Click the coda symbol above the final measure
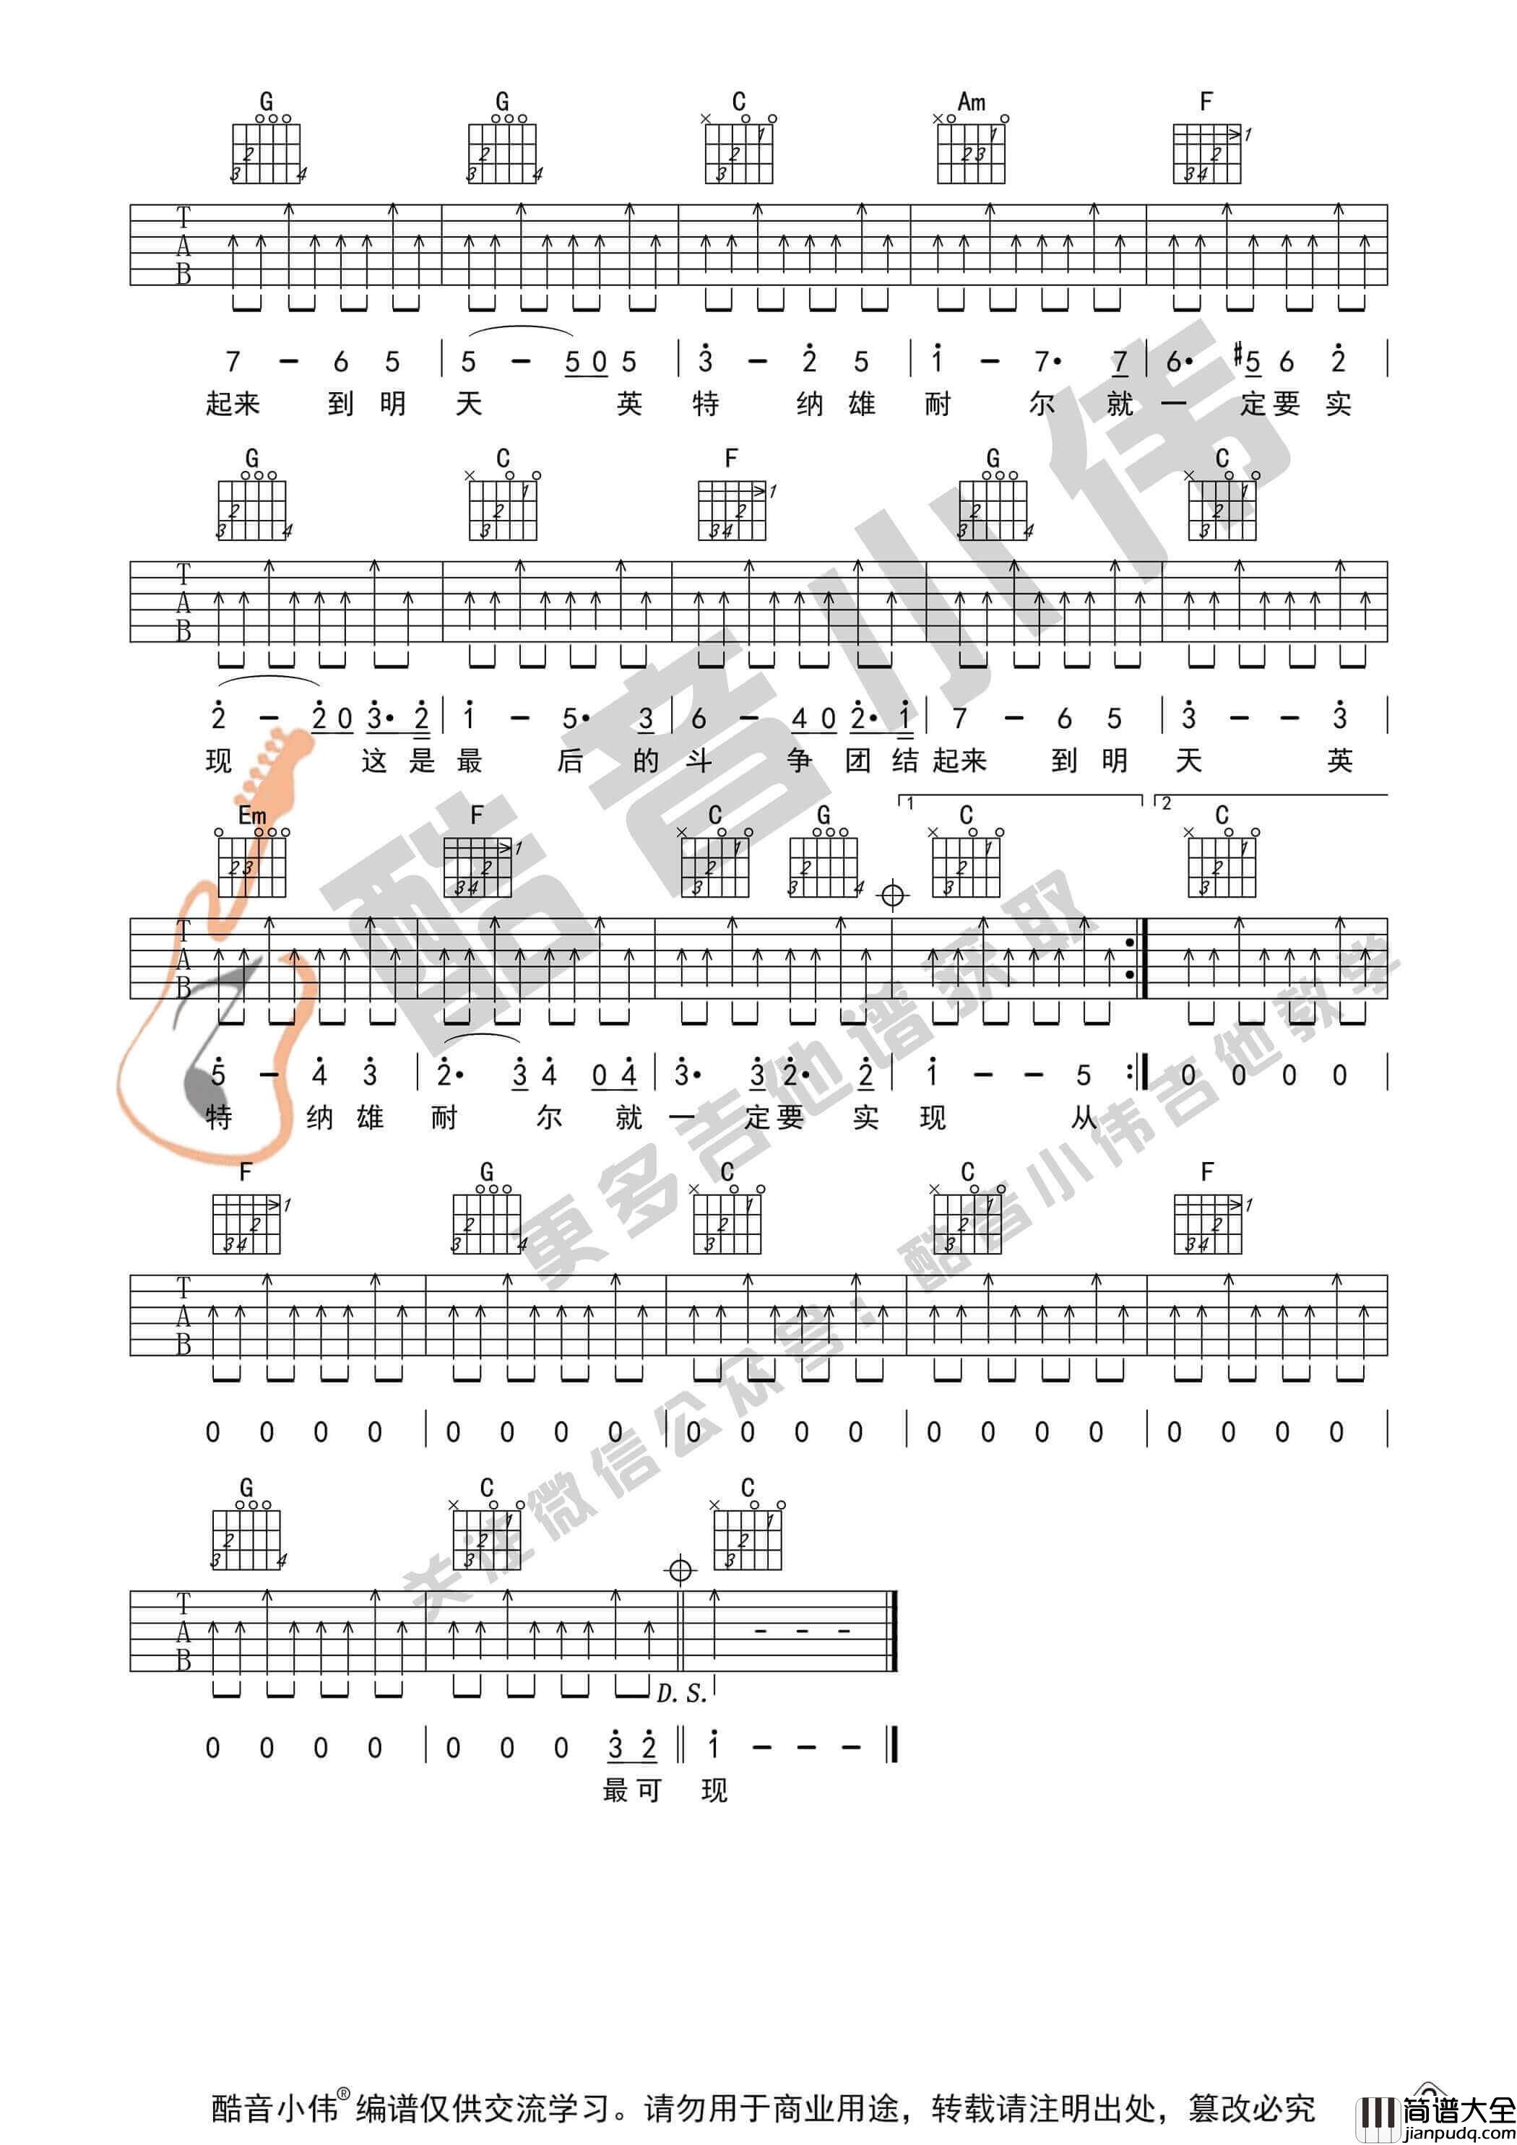(x=680, y=1570)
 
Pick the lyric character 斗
(x=699, y=760)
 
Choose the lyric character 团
(x=858, y=760)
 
